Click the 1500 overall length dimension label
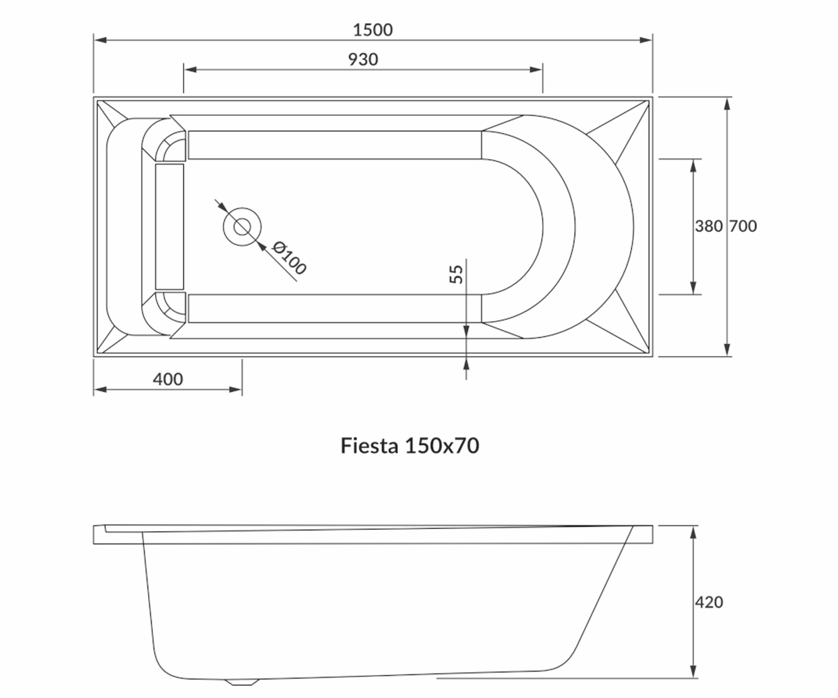372,30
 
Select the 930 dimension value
363,59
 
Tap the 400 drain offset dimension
168,379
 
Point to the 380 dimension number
709,226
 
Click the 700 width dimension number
743,226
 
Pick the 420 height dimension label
709,602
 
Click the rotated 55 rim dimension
456,274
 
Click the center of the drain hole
242,227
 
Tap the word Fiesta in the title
369,445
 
